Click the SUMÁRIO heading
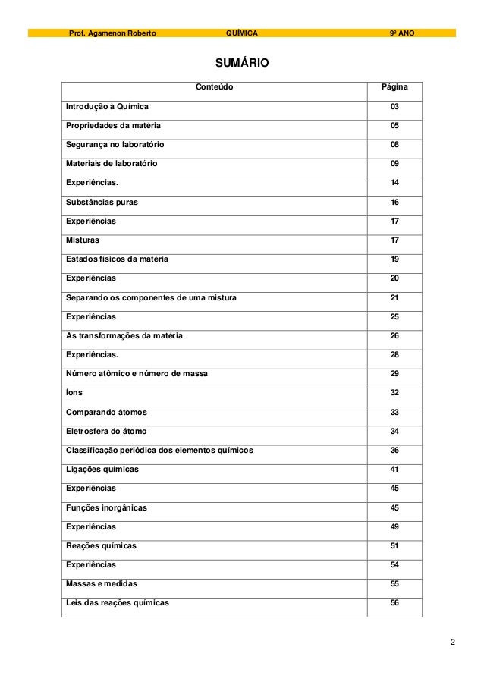point(242,63)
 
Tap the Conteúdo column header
point(215,87)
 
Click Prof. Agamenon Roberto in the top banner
point(113,33)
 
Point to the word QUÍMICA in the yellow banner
point(242,33)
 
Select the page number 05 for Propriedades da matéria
point(394,125)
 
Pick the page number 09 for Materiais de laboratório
point(394,163)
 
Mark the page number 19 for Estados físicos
point(394,259)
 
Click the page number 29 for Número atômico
point(394,374)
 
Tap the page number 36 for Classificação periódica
point(394,451)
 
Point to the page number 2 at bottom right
point(452,644)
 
